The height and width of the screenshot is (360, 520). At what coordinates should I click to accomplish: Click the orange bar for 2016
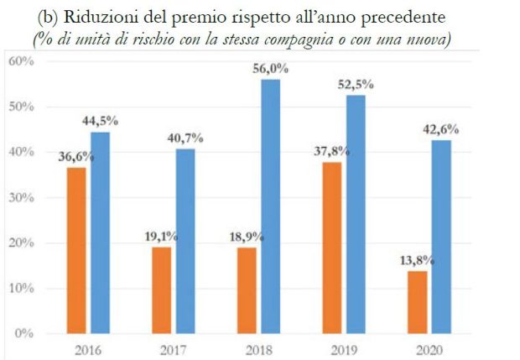(x=76, y=250)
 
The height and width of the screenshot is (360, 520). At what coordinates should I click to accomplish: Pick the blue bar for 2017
(x=185, y=241)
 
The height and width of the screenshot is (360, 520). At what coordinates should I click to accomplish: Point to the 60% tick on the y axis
(x=21, y=61)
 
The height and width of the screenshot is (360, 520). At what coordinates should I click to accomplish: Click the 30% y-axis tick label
(x=21, y=198)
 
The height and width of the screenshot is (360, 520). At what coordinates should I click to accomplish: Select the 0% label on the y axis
(x=24, y=333)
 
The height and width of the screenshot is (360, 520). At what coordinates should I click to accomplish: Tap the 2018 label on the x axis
(x=257, y=347)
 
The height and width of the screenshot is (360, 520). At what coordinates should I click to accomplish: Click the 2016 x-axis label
(x=90, y=347)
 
